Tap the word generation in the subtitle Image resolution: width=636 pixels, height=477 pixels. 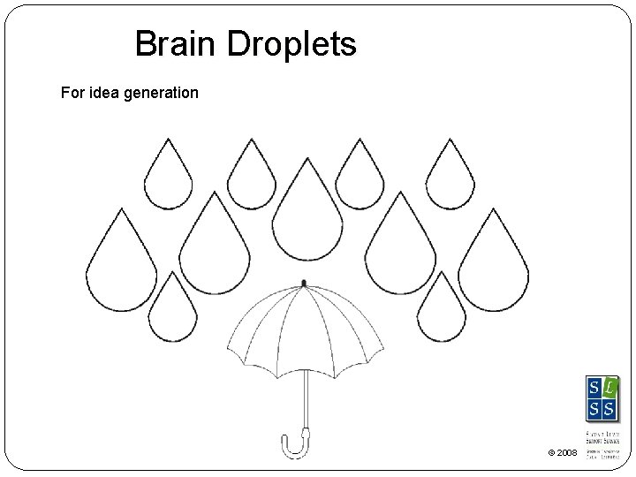coord(163,92)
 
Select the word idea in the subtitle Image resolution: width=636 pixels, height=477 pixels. coord(106,92)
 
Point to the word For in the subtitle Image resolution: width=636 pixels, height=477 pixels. coord(72,92)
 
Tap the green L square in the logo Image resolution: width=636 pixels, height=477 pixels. coord(609,388)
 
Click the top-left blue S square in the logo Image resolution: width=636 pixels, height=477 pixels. coord(594,388)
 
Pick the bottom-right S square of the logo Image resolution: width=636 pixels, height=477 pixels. coord(609,408)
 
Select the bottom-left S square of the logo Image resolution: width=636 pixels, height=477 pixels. coord(594,408)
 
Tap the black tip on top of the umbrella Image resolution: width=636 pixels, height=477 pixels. coord(304,284)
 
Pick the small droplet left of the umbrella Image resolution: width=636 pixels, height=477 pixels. coord(172,309)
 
